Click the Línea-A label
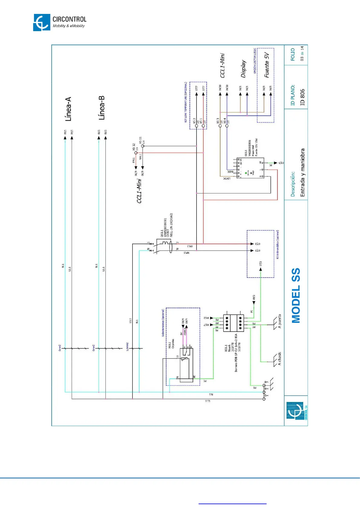pyautogui.click(x=68, y=109)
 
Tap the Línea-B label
pyautogui.click(x=102, y=108)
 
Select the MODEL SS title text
pyautogui.click(x=296, y=295)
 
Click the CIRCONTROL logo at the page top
pyautogui.click(x=60, y=22)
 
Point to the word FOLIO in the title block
pyautogui.click(x=293, y=54)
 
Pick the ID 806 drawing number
pyautogui.click(x=303, y=97)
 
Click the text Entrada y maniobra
pyautogui.click(x=303, y=173)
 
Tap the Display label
pyautogui.click(x=244, y=69)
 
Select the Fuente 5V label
pyautogui.click(x=267, y=65)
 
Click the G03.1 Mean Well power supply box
pyautogui.click(x=250, y=168)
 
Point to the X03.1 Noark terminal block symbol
pyautogui.click(x=233, y=323)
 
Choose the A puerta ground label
pyautogui.click(x=280, y=321)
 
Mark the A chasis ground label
pyautogui.click(x=280, y=359)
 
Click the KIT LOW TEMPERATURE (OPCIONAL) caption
pyautogui.click(x=186, y=102)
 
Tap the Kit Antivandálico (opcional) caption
pyautogui.click(x=278, y=244)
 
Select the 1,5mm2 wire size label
pyautogui.click(x=127, y=347)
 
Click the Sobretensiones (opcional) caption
pyautogui.click(x=163, y=323)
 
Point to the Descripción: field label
pyautogui.click(x=293, y=184)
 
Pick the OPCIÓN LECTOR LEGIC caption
pyautogui.click(x=255, y=61)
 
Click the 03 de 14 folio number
pyautogui.click(x=302, y=53)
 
